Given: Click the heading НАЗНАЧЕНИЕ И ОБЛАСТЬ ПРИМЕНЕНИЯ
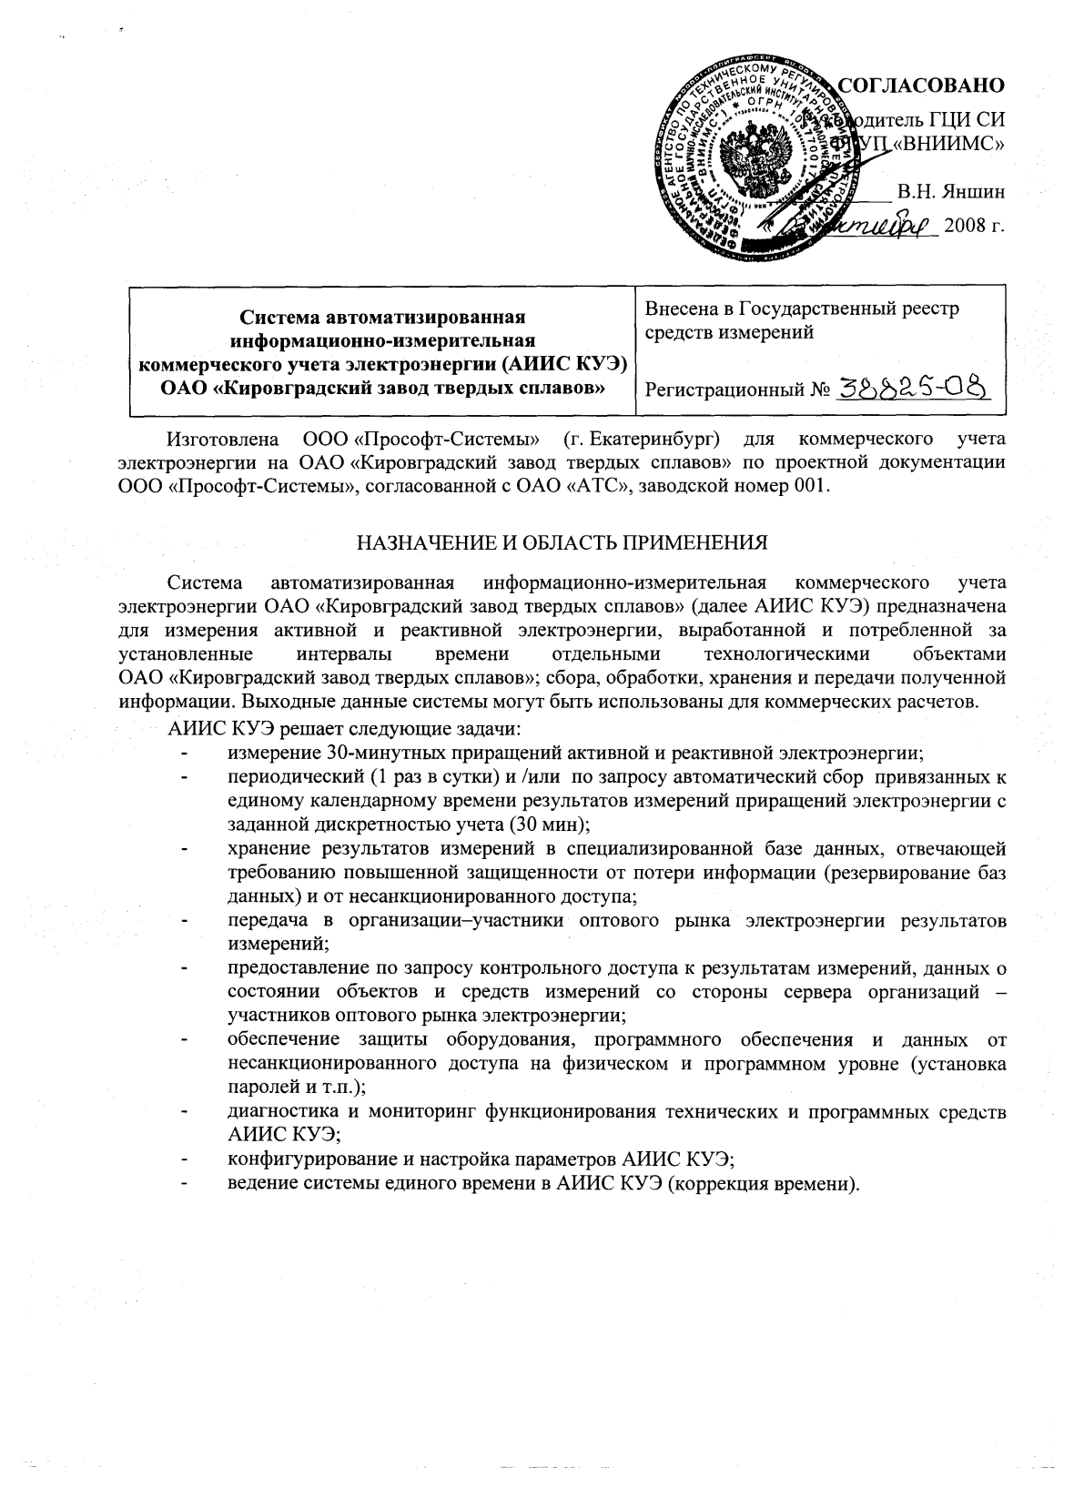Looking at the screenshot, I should click(562, 543).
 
